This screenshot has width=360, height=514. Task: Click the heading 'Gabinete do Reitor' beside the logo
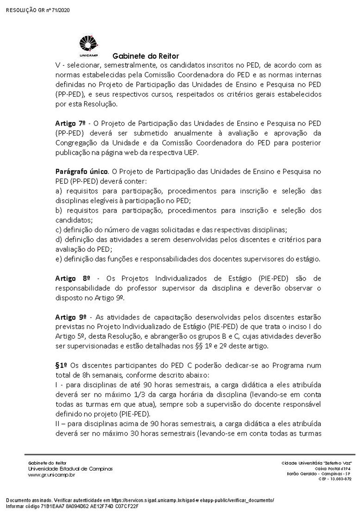[145, 56]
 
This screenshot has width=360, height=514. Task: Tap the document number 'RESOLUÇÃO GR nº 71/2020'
[38, 10]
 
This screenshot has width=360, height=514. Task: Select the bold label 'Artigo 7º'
[70, 123]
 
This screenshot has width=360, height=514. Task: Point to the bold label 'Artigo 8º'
[71, 278]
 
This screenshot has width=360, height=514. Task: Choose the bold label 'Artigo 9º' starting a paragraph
[71, 317]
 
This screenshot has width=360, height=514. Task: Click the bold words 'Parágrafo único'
[82, 172]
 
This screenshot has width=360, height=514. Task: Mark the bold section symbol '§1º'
[61, 366]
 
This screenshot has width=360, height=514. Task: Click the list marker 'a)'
[59, 191]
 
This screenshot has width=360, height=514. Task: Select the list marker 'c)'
[58, 230]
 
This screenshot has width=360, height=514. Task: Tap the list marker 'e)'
[58, 259]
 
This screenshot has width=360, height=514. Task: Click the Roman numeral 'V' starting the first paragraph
[58, 65]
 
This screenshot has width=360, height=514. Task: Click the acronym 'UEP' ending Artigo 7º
[190, 152]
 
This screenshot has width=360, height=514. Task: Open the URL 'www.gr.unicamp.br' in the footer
[51, 475]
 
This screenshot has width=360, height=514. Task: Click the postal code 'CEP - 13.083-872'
[335, 479]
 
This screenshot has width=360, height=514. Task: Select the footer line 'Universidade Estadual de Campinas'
[70, 469]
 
